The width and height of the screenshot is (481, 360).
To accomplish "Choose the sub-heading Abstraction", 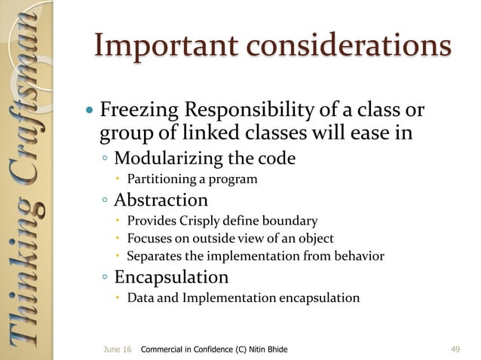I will click(161, 200).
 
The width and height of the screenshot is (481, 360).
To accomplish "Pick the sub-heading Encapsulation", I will click(171, 277).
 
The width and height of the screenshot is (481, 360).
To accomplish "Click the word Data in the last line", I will click(139, 297).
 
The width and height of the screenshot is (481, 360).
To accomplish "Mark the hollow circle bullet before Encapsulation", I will click(105, 279).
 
